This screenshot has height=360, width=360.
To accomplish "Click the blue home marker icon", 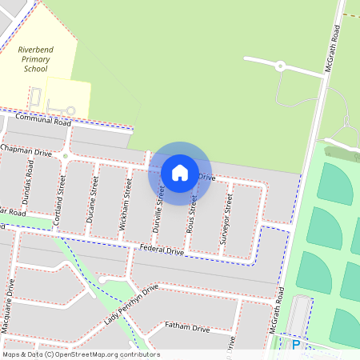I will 180,172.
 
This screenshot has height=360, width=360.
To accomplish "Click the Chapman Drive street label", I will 26,150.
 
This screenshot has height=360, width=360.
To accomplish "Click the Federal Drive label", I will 162,250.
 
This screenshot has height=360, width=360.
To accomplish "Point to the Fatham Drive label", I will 187,327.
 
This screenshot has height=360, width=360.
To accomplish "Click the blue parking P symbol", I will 296,345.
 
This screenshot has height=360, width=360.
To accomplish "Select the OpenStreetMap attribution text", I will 81,354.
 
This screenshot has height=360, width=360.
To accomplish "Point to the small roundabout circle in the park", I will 280,66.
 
